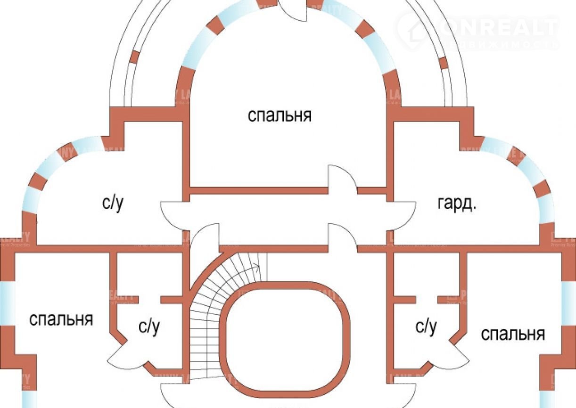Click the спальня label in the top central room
pyautogui.click(x=280, y=115)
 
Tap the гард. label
pyautogui.click(x=457, y=204)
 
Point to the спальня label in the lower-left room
pyautogui.click(x=61, y=319)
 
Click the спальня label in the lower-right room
pyautogui.click(x=513, y=334)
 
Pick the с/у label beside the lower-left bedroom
pyautogui.click(x=149, y=327)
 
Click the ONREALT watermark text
pyautogui.click(x=500, y=28)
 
